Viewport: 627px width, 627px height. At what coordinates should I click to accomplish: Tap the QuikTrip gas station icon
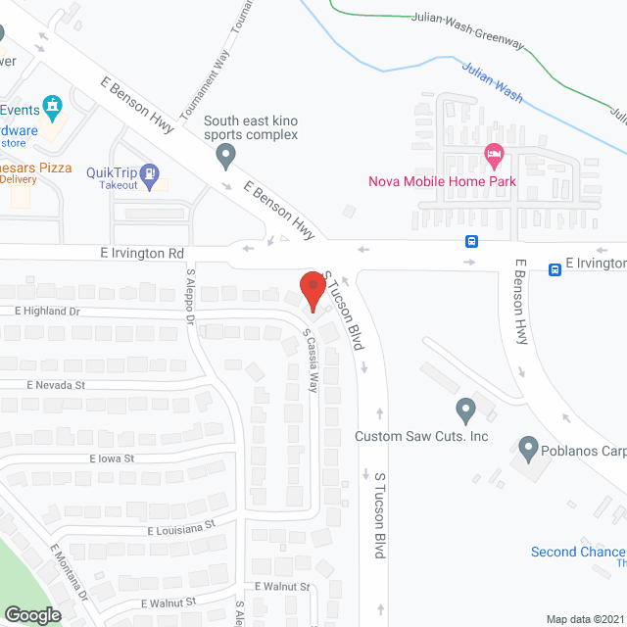[149, 176]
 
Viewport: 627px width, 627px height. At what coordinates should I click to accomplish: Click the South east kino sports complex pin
[226, 155]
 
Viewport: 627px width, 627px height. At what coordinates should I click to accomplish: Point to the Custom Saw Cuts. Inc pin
[466, 409]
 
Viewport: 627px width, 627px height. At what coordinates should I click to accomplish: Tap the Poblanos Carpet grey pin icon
[528, 450]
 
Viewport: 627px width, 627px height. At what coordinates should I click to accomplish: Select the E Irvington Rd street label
[142, 253]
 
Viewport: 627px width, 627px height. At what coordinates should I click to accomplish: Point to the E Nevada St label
[57, 385]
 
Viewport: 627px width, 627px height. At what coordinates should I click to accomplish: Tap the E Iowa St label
[111, 458]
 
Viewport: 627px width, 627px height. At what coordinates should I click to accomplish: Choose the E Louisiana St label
[181, 527]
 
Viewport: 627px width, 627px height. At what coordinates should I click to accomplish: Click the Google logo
[31, 614]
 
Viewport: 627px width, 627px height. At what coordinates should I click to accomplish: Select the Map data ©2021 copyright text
[585, 619]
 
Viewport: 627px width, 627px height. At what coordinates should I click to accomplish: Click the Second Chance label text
[578, 552]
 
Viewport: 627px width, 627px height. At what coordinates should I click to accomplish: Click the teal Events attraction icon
[53, 105]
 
